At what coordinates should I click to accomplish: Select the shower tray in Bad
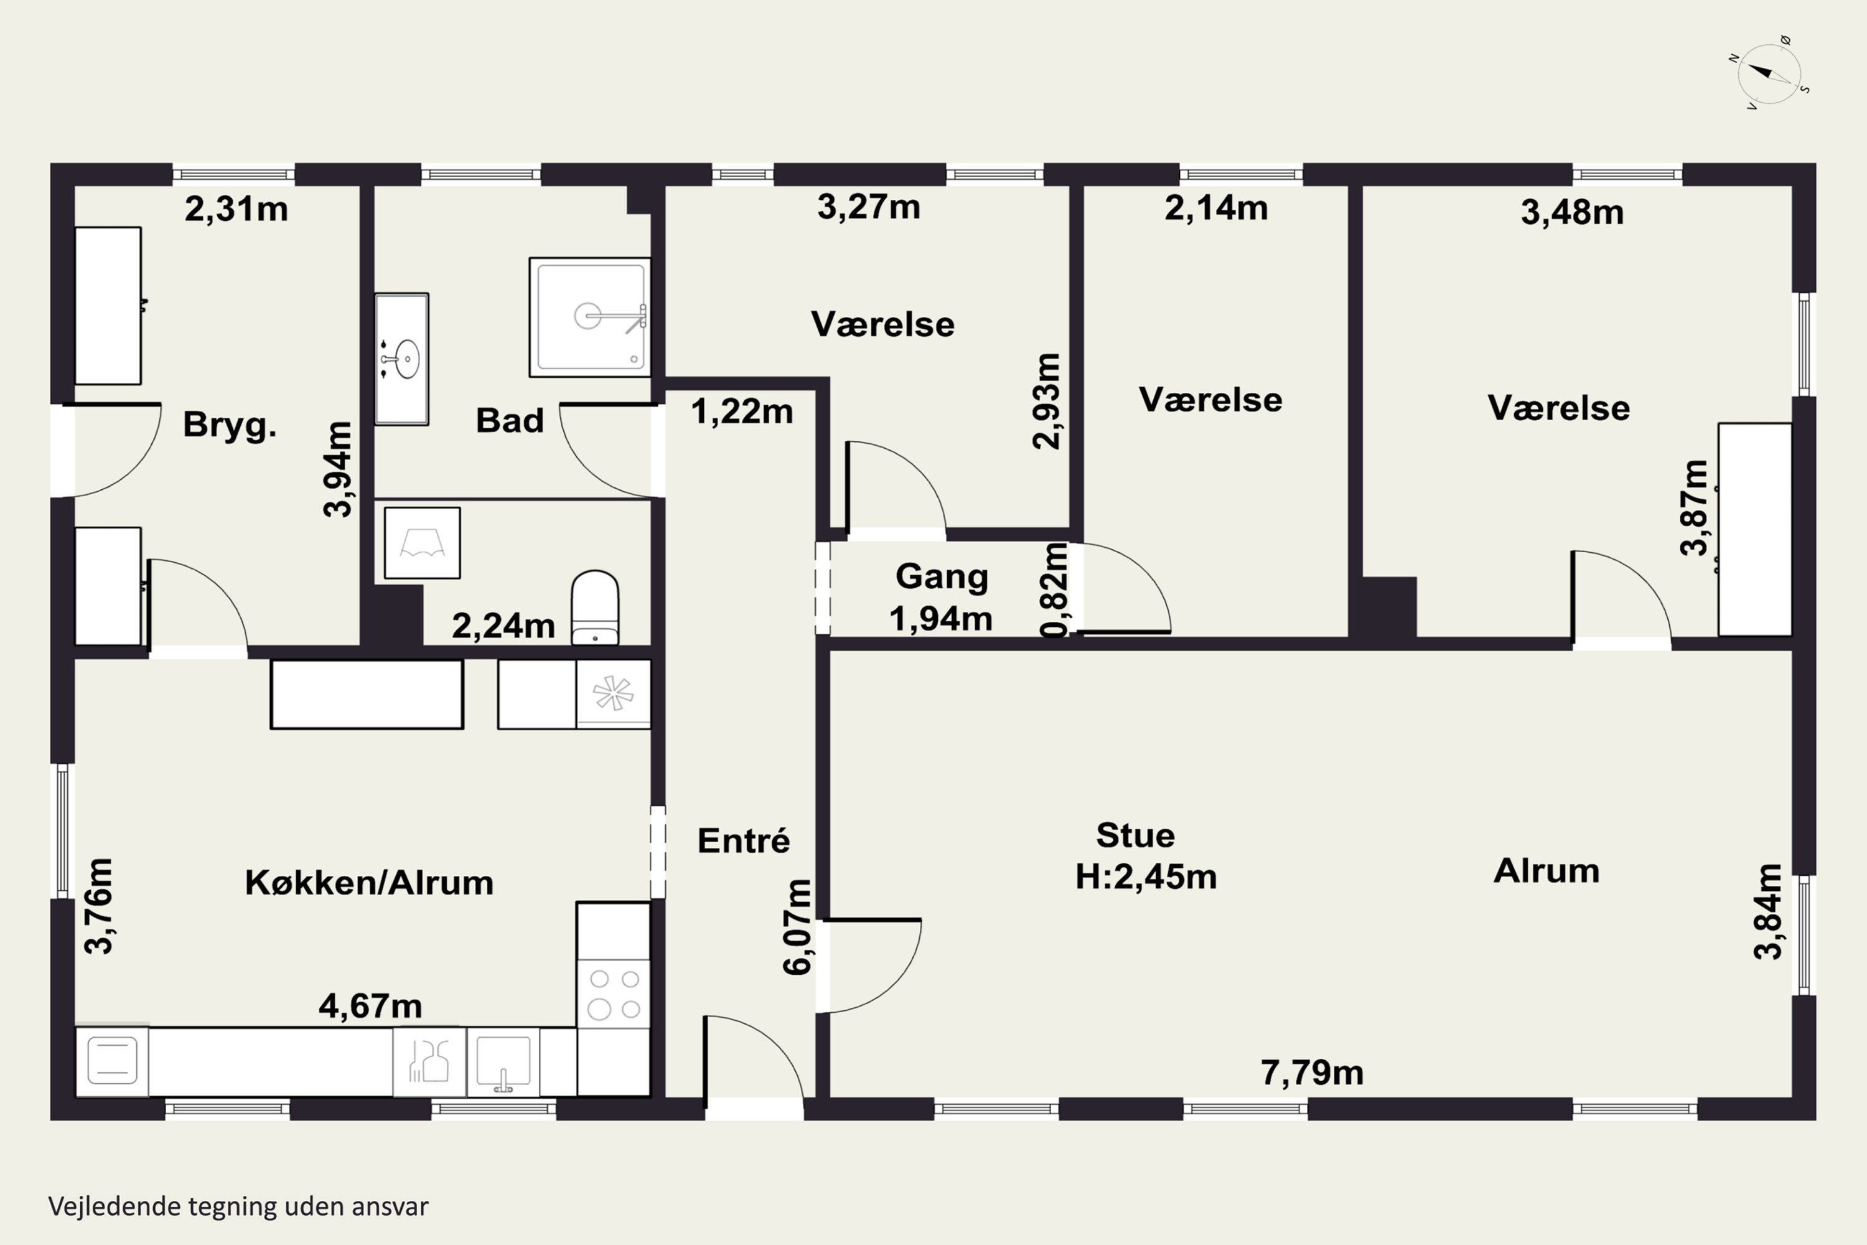tap(590, 317)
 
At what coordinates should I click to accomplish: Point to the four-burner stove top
tap(614, 994)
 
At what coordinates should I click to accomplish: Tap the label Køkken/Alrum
tap(369, 883)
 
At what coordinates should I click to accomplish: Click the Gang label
tap(942, 577)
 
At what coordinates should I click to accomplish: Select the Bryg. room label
tap(230, 425)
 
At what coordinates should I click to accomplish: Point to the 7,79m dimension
tap(1312, 1073)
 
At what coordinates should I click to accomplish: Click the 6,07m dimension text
tap(798, 927)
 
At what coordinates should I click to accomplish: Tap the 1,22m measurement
tap(742, 411)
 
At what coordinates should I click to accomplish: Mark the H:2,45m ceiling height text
tap(1146, 877)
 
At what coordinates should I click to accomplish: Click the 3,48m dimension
tap(1573, 212)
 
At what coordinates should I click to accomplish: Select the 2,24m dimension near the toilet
tap(503, 626)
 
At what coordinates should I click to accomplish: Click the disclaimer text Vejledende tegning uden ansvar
tap(238, 1206)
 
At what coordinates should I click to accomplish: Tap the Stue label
tap(1135, 835)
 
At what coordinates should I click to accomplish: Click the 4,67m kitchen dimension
tap(370, 1006)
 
